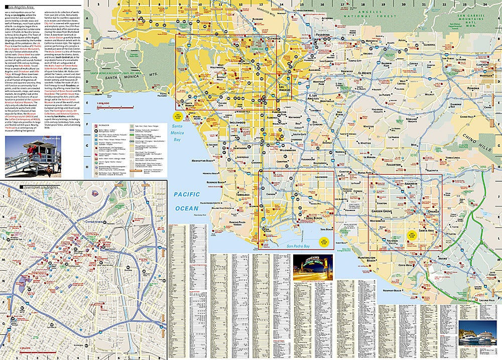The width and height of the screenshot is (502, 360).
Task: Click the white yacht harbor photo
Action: [x=480, y=334]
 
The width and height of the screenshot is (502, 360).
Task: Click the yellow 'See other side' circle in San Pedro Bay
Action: [x=325, y=242]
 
